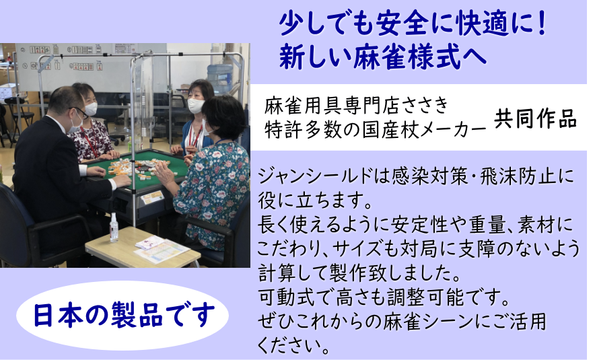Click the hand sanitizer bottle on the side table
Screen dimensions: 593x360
click(x=114, y=227)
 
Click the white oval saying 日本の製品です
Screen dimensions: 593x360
click(x=123, y=315)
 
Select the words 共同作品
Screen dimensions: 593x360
click(x=535, y=119)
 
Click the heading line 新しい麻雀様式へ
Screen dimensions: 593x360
click(x=382, y=57)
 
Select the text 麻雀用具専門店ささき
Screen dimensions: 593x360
click(x=356, y=106)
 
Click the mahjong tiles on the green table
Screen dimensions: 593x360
click(x=138, y=169)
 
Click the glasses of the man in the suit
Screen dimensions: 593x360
click(x=79, y=111)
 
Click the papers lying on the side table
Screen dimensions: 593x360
click(x=162, y=248)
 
